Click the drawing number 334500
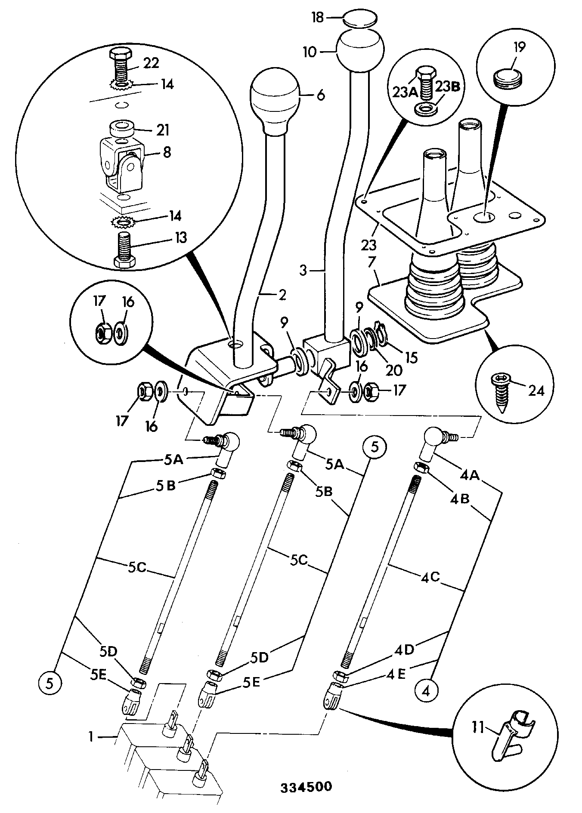pos(306,787)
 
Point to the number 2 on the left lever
pos(282,295)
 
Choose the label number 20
pos(393,370)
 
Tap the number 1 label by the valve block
pos(91,737)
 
